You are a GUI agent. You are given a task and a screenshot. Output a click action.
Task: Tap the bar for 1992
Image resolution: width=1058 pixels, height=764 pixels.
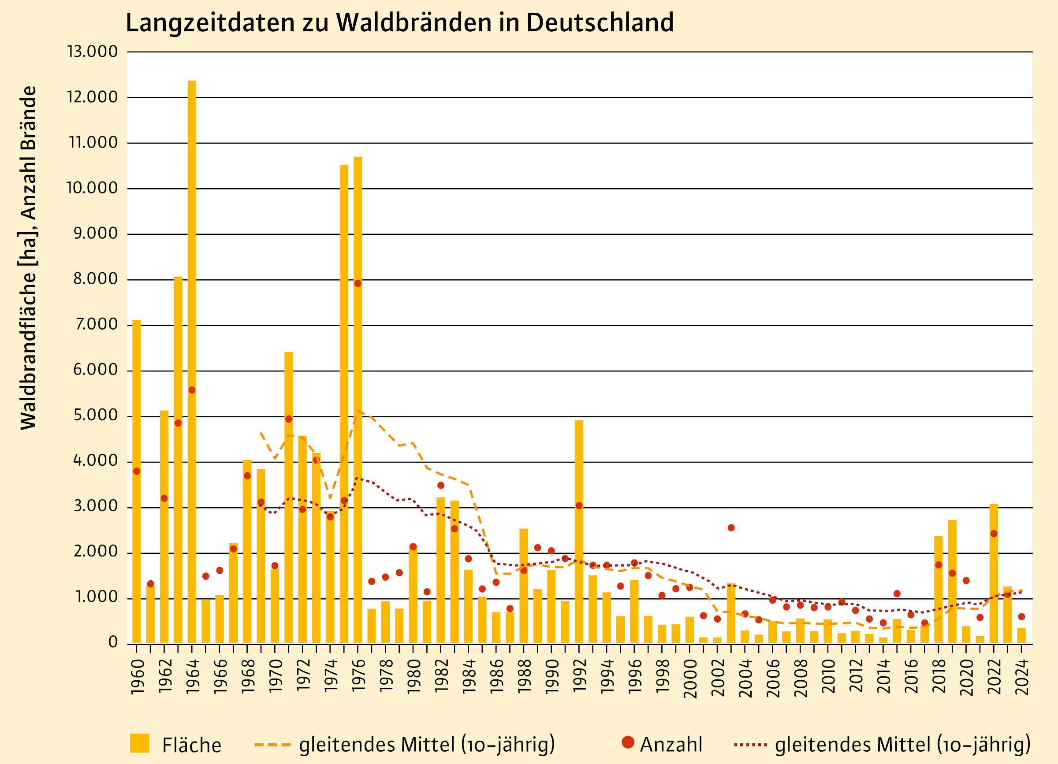579,532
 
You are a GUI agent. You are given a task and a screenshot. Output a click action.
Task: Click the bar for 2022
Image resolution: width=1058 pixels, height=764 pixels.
994,574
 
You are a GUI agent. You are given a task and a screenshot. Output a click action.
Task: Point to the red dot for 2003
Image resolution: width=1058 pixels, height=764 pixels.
731,528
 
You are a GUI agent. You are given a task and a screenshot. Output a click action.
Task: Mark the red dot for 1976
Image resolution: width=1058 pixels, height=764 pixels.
358,283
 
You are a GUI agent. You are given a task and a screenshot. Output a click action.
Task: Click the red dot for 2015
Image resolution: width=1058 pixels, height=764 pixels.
897,593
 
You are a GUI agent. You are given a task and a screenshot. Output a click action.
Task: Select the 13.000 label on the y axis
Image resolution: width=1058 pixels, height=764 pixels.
93,51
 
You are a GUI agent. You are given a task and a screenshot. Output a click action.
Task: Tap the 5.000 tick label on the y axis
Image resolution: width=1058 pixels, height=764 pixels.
96,415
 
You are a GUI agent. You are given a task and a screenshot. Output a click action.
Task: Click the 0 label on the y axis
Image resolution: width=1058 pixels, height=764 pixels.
113,642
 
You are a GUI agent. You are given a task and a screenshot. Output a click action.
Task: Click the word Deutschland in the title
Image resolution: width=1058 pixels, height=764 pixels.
600,22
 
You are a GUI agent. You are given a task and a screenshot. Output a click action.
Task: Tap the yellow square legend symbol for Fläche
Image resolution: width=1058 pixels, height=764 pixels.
139,743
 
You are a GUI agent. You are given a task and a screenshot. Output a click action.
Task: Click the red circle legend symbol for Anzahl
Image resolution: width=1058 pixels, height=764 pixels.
628,742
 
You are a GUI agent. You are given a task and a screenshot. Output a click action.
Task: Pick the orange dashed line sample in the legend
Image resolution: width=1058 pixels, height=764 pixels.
272,745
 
